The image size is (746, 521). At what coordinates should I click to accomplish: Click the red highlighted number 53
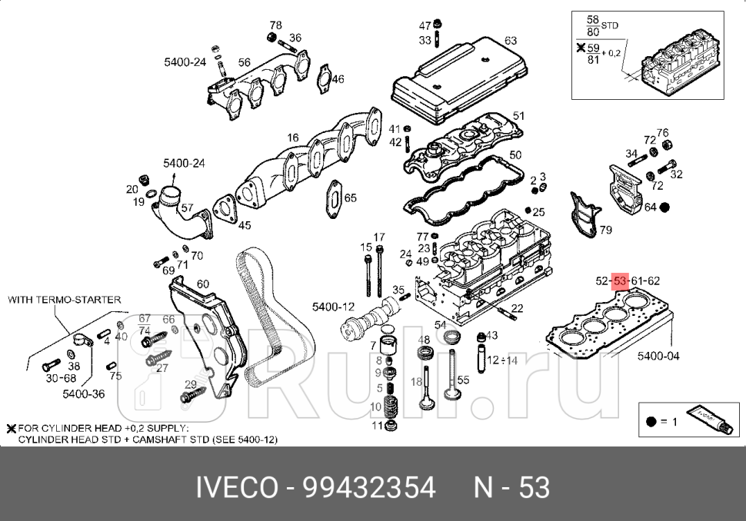tap(621, 280)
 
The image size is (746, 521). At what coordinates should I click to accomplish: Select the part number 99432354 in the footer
tap(369, 487)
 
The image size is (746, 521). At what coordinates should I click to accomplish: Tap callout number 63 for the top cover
tap(510, 40)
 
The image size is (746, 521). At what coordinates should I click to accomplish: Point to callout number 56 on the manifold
tap(244, 62)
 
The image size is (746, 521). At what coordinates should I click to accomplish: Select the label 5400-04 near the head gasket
tap(658, 356)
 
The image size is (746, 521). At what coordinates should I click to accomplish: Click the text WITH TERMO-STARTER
tap(64, 300)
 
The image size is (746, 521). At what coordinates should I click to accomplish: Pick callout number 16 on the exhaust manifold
tap(293, 138)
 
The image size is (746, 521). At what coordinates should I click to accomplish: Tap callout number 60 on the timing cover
tap(202, 284)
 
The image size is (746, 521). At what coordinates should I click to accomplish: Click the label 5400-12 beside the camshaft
tap(333, 307)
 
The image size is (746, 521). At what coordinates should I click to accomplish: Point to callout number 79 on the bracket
tap(605, 230)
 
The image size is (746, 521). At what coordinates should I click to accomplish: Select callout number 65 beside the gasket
tap(350, 198)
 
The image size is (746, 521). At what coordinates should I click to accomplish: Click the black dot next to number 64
tap(665, 207)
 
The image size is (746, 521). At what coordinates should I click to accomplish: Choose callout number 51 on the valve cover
tap(518, 116)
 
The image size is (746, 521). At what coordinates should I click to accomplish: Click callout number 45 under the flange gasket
tap(244, 225)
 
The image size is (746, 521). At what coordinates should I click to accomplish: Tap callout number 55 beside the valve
tap(463, 380)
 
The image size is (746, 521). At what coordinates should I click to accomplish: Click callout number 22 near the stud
tap(517, 308)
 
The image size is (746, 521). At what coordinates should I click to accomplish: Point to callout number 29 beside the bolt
tap(191, 384)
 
